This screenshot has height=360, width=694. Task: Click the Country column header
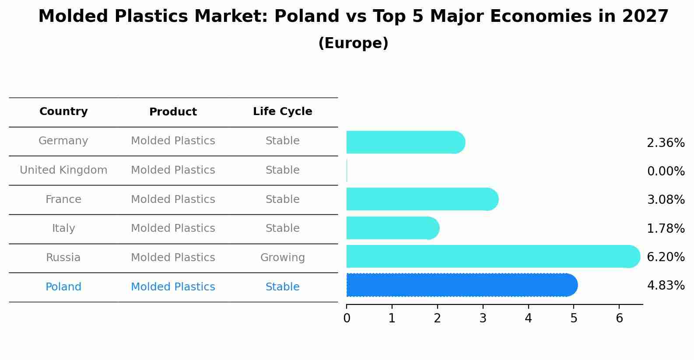click(x=63, y=112)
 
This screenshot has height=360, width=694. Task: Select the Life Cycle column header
click(x=282, y=112)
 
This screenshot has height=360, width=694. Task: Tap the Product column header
click(x=173, y=112)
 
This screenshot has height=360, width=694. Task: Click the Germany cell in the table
click(x=63, y=141)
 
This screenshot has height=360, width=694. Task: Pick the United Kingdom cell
click(x=63, y=170)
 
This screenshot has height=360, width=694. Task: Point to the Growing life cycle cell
click(x=282, y=258)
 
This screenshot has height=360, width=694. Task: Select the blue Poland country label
click(x=63, y=287)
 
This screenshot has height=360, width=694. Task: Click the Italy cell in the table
click(x=63, y=228)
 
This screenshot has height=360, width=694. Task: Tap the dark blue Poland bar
click(x=459, y=285)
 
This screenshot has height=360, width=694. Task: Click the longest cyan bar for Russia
click(x=490, y=256)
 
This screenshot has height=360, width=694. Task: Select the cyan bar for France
click(x=420, y=199)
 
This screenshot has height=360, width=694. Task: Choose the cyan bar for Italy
click(x=392, y=228)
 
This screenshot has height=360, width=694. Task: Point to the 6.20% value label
click(x=666, y=257)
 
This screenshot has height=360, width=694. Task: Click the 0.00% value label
click(x=666, y=171)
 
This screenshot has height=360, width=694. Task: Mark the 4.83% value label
click(x=666, y=286)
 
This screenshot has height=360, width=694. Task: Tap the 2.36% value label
click(x=666, y=143)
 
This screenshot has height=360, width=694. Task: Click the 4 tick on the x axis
click(x=528, y=318)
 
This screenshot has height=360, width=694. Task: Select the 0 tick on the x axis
click(x=347, y=318)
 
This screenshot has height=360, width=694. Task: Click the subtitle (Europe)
click(x=353, y=43)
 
